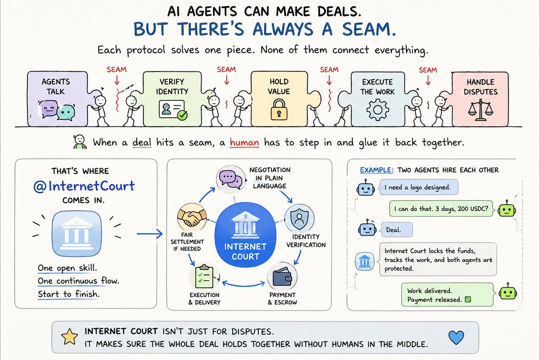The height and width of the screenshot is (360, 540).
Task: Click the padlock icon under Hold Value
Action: click(x=279, y=109)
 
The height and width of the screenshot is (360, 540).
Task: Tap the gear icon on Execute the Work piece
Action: click(x=378, y=110)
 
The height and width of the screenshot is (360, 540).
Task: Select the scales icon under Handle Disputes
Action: click(x=481, y=110)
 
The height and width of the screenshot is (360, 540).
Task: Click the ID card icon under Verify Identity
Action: click(x=173, y=110)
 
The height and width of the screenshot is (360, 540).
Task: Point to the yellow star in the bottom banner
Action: click(x=70, y=337)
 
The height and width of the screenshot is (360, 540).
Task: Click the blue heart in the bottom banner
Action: click(x=456, y=337)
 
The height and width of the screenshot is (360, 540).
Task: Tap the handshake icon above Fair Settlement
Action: click(x=192, y=217)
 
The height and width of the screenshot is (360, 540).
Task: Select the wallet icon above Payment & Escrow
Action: click(x=282, y=276)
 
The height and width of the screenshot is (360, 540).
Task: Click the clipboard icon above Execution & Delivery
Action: click(x=204, y=276)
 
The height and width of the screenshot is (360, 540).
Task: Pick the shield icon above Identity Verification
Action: click(x=299, y=219)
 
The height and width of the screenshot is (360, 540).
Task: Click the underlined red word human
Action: click(x=244, y=143)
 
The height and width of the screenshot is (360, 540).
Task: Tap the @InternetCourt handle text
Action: click(x=84, y=186)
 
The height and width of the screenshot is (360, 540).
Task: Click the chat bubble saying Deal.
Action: click(x=397, y=229)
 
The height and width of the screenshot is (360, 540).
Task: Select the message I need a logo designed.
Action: click(x=418, y=187)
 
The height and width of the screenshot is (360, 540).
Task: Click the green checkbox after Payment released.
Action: click(x=468, y=300)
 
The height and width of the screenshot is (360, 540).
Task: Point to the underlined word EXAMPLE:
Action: click(x=377, y=170)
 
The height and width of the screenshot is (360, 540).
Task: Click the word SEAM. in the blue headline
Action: click(x=369, y=29)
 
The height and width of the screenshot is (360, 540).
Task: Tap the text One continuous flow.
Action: click(x=78, y=281)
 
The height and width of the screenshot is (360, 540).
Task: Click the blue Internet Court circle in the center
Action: click(x=245, y=234)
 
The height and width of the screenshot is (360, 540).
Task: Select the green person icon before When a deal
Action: click(x=80, y=142)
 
